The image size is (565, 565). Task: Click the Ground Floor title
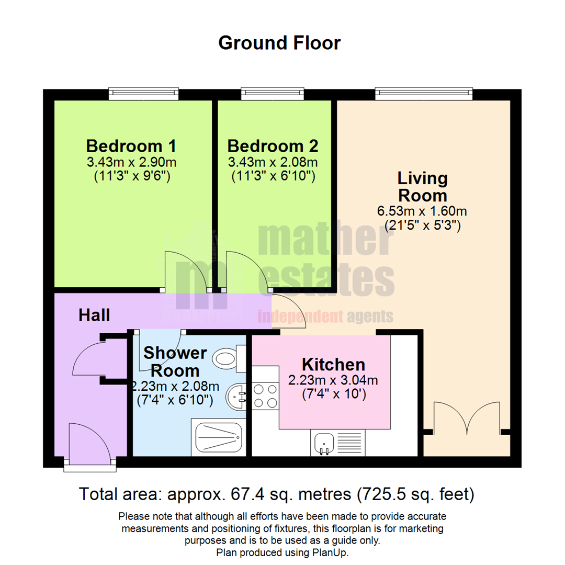coord(279,43)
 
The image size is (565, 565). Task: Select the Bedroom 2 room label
coord(273,145)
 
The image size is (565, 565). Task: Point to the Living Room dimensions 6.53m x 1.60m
coord(422,212)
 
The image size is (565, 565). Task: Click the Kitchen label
coord(333,364)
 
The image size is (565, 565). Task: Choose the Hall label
coord(94,315)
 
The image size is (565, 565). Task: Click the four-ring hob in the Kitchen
coord(265,396)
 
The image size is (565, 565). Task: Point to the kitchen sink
coord(324,443)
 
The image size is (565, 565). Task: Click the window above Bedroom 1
coord(144,94)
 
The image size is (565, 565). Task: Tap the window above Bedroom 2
coord(272,94)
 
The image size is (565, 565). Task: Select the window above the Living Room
coord(424,94)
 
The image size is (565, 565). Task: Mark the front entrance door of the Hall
coord(89,445)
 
